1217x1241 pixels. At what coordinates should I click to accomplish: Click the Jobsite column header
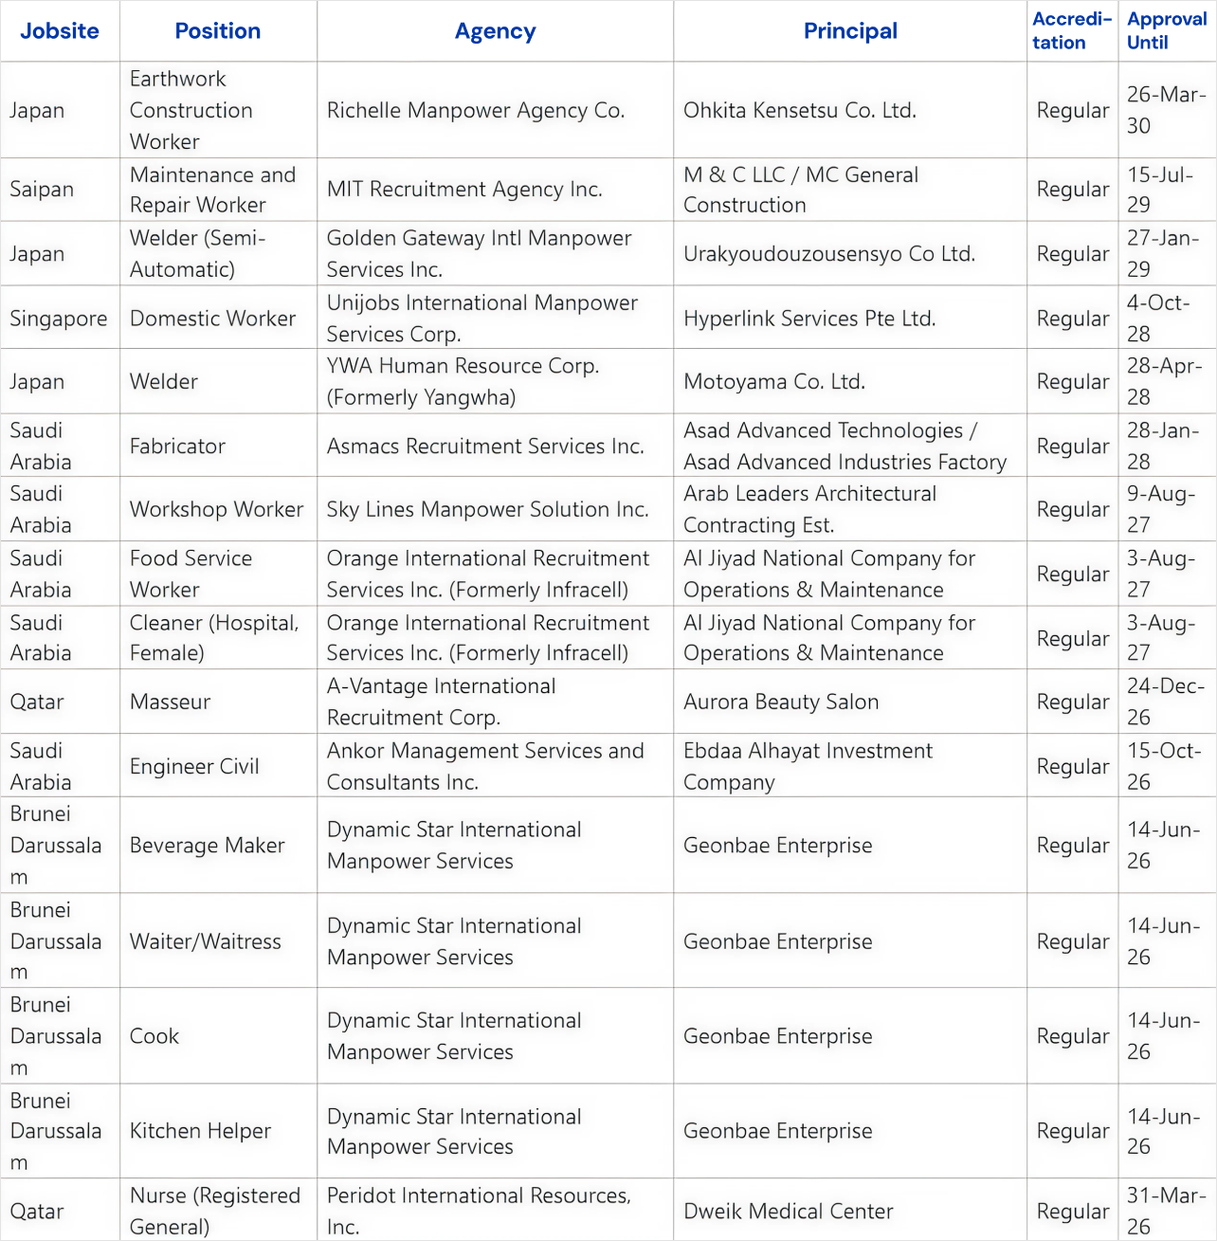point(60,31)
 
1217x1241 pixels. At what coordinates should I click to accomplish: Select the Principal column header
point(850,31)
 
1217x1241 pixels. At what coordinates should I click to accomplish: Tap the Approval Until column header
point(1166,31)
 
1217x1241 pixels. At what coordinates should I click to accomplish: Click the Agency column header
point(495,31)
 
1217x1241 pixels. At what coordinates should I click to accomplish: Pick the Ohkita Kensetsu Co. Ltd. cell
point(800,111)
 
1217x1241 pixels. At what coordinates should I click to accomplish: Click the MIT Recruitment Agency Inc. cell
point(464,190)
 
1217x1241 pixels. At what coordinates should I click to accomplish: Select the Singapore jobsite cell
point(59,319)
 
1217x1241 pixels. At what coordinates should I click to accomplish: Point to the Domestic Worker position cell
point(213,319)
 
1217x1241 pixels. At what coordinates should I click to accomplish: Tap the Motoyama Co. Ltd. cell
point(774,382)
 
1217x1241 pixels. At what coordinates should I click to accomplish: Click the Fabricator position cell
point(178,447)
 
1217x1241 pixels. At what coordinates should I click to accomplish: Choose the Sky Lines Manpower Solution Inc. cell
point(488,510)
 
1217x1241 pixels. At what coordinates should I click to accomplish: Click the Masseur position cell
point(171,703)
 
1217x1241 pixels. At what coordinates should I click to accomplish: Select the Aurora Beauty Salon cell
point(781,703)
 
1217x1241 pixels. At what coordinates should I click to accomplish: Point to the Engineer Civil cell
point(194,767)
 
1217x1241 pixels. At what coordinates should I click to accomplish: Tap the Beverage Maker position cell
point(208,846)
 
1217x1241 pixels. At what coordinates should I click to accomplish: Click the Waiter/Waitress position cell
point(206,942)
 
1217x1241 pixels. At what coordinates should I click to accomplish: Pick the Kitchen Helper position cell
point(201,1131)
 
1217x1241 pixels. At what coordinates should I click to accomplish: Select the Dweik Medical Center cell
point(789,1212)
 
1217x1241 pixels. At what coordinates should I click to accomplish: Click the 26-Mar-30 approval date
point(1166,110)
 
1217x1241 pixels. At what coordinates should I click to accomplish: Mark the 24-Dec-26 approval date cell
point(1166,702)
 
